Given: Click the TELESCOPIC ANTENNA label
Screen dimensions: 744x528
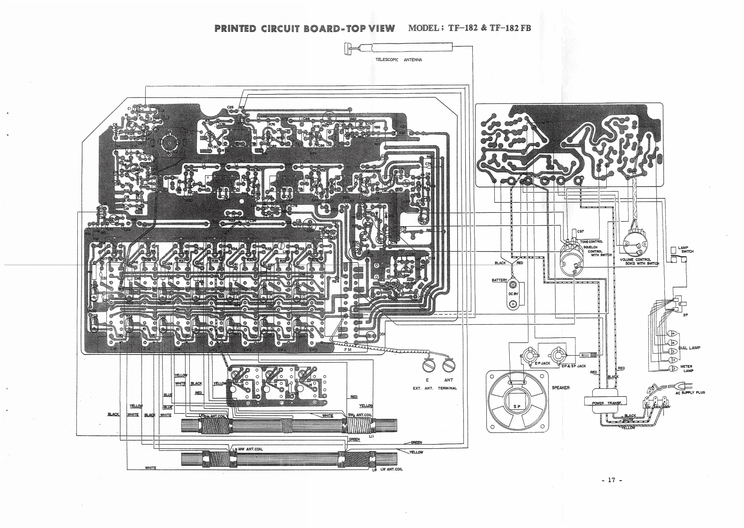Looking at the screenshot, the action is click(x=398, y=60).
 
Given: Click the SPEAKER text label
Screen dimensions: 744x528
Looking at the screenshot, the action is click(x=560, y=388).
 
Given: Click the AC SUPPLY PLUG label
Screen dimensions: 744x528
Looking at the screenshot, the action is click(x=690, y=393).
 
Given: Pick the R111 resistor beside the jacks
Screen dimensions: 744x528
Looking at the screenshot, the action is click(x=588, y=356).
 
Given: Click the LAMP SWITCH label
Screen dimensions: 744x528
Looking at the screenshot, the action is click(x=685, y=249).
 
